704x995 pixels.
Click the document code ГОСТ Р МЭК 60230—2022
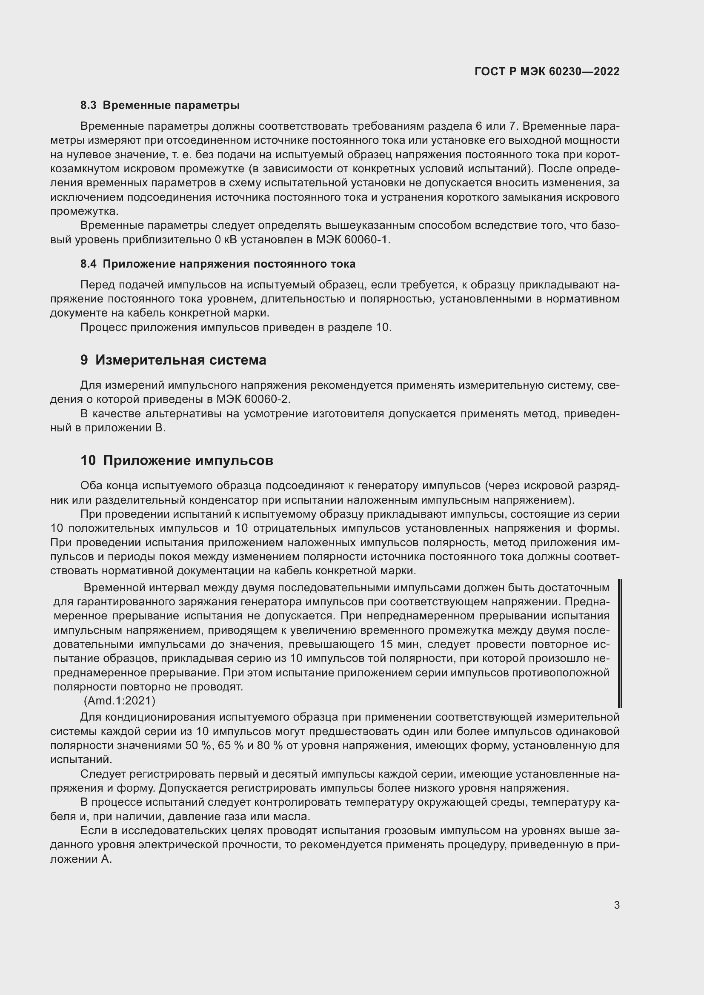click(547, 71)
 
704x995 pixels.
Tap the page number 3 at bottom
click(616, 905)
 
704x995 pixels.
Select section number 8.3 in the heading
click(89, 105)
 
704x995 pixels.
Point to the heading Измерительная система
click(180, 360)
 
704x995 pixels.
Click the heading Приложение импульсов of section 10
click(188, 461)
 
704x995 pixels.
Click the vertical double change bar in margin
click(619, 644)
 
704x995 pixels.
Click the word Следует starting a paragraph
click(103, 773)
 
